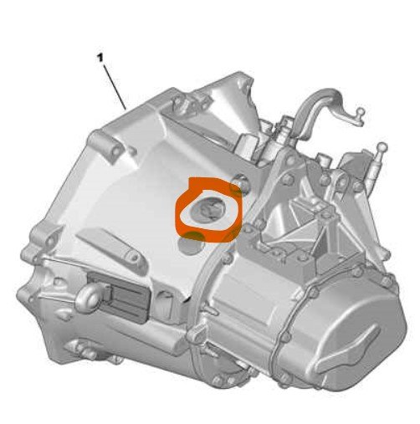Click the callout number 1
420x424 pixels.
pos(100,59)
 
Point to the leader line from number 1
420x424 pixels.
pos(115,87)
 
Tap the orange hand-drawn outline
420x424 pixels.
pos(178,215)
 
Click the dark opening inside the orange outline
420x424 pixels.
pos(207,208)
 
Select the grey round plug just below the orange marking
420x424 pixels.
pos(191,245)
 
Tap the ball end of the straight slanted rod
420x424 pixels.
pos(382,146)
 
